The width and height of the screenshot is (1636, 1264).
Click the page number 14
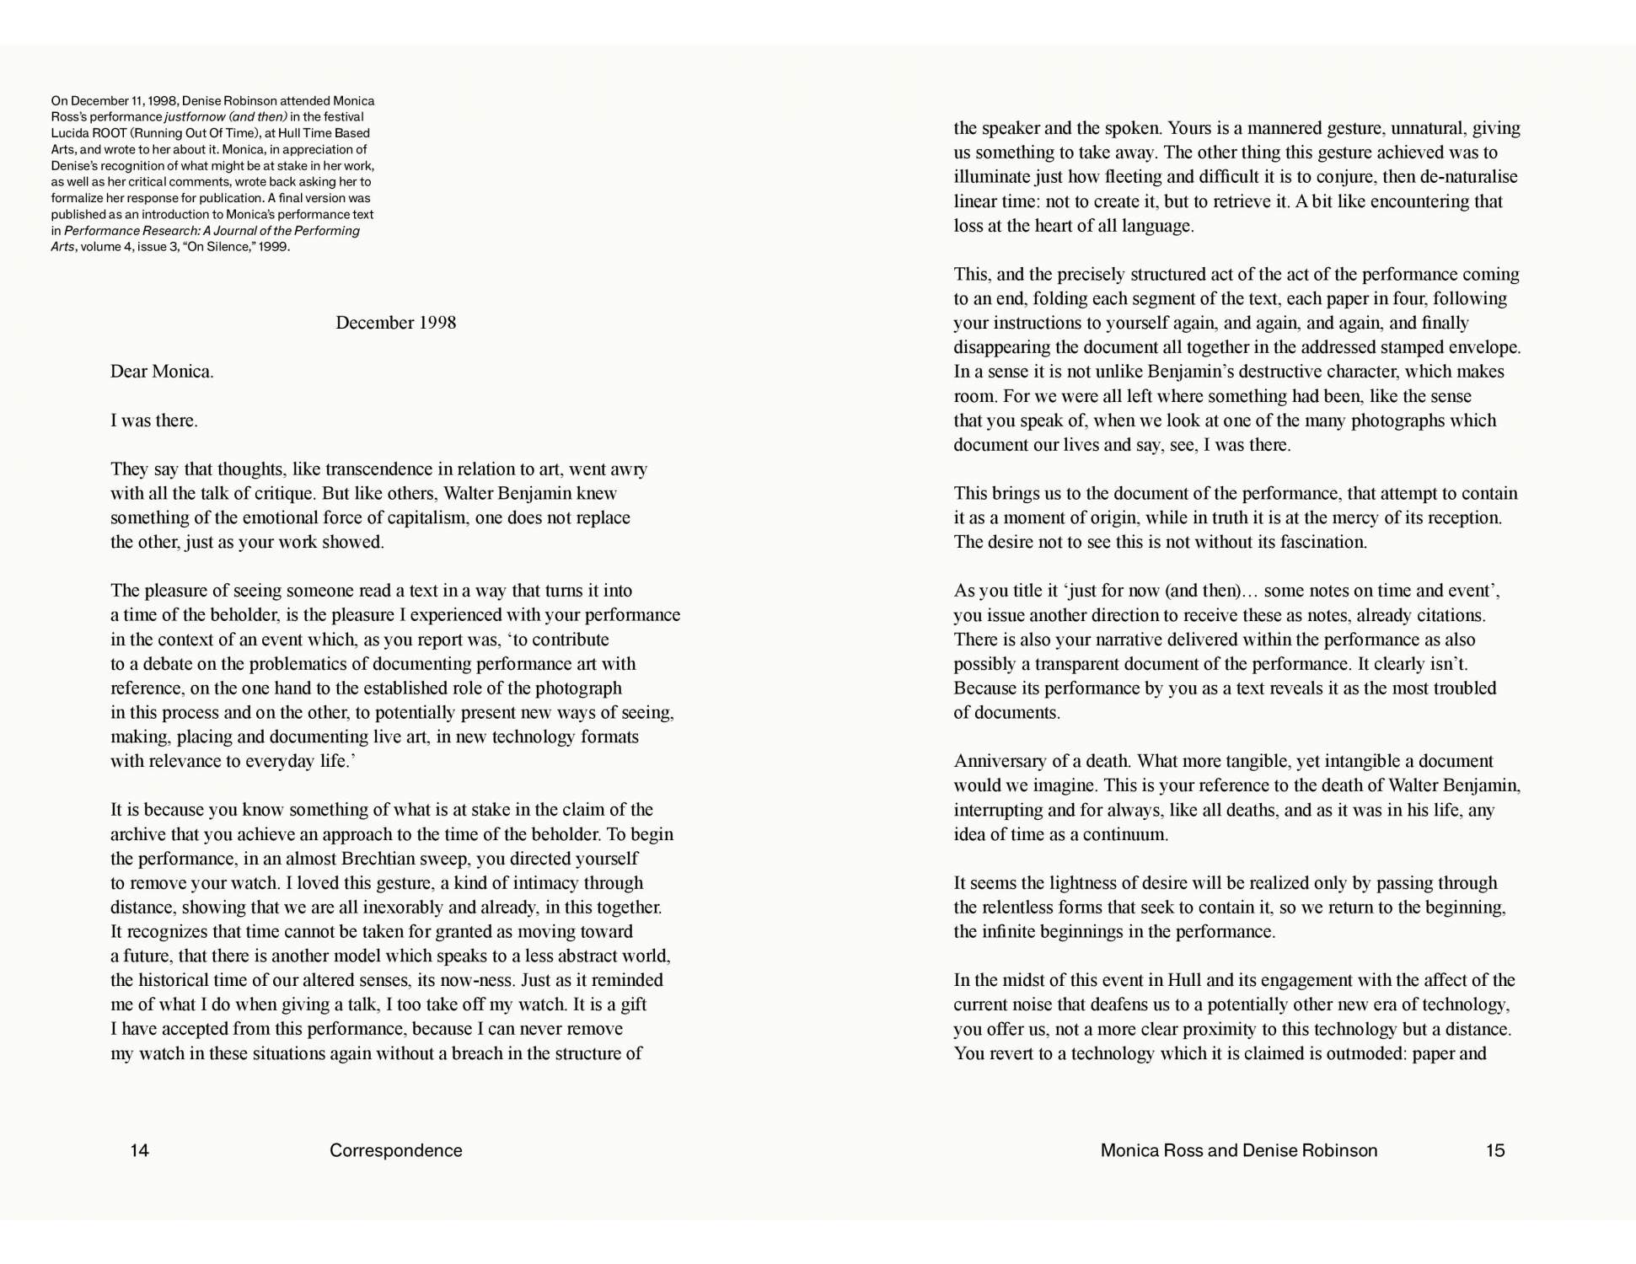(x=139, y=1150)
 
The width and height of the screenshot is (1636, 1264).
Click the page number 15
(x=1494, y=1150)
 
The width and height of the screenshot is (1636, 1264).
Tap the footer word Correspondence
(x=395, y=1150)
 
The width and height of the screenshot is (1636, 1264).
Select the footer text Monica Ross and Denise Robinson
(x=1238, y=1150)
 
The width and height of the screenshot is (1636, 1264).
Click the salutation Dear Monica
(x=162, y=372)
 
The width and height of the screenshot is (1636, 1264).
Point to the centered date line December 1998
(x=395, y=323)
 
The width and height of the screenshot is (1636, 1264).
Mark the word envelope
(x=1483, y=347)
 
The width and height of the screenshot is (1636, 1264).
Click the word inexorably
(x=401, y=908)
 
